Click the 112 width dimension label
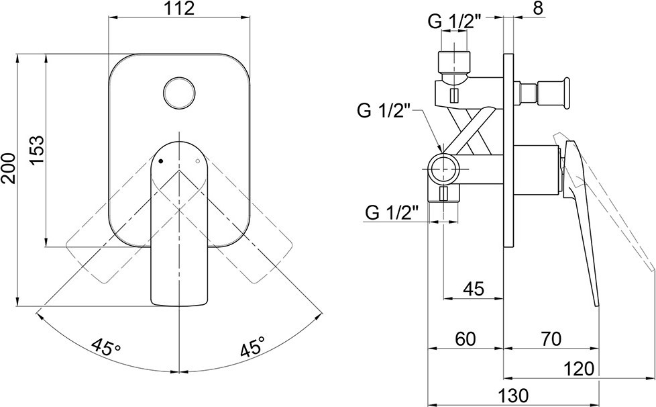(x=180, y=8)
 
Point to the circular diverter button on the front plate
(x=179, y=92)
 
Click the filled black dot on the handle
(x=161, y=161)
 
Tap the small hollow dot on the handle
(x=198, y=161)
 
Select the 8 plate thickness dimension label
(x=539, y=8)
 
